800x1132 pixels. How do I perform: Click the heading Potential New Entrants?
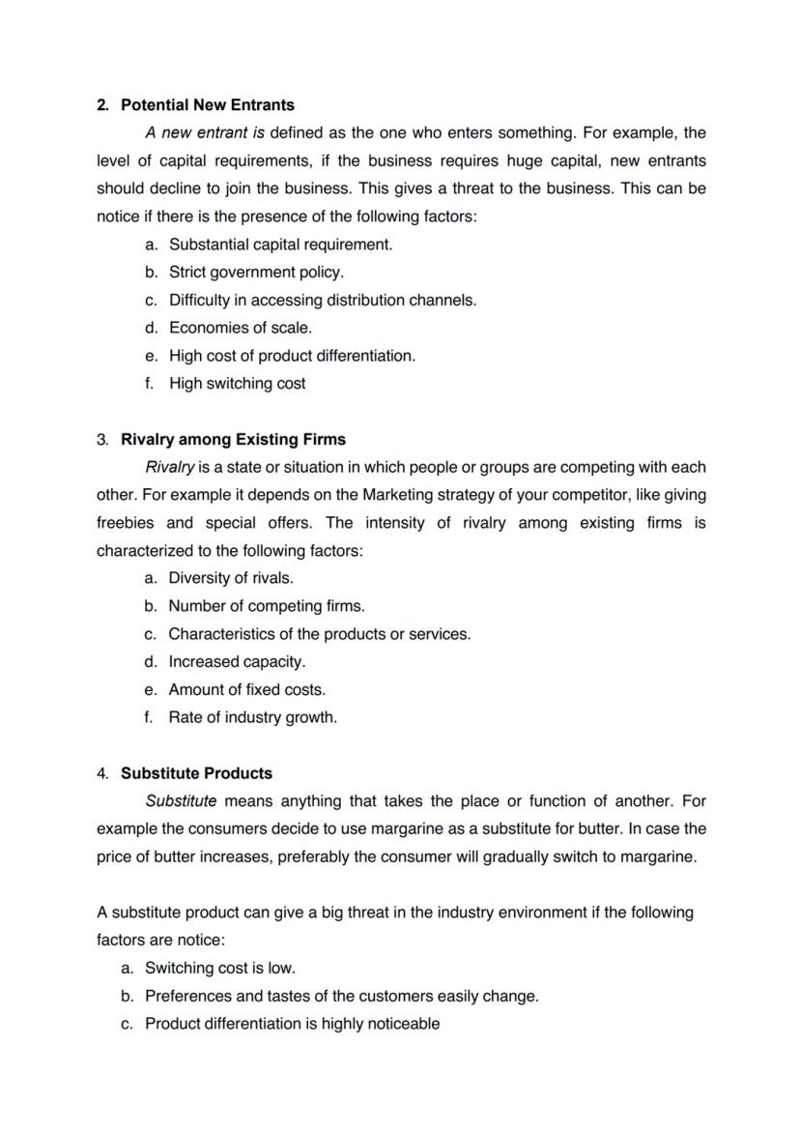(x=207, y=104)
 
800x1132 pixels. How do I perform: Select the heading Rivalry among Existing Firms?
(x=232, y=440)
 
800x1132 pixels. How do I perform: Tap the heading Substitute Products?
(x=196, y=773)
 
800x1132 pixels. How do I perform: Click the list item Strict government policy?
(x=256, y=272)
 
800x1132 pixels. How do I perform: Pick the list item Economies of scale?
(x=241, y=328)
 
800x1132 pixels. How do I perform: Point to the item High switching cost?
(x=237, y=384)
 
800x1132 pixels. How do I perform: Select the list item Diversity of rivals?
(x=231, y=578)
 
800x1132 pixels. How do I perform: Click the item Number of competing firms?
(x=267, y=606)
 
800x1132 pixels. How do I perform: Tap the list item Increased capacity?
(x=237, y=662)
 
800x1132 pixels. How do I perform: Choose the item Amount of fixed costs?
(x=246, y=690)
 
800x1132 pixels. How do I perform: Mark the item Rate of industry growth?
(x=252, y=717)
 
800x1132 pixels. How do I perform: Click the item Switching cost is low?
(x=220, y=968)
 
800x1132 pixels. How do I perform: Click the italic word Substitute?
(x=181, y=801)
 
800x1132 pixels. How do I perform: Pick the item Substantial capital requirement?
(x=280, y=245)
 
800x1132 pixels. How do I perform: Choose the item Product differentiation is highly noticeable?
(x=292, y=1024)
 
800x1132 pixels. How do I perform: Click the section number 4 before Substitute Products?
(x=101, y=773)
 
